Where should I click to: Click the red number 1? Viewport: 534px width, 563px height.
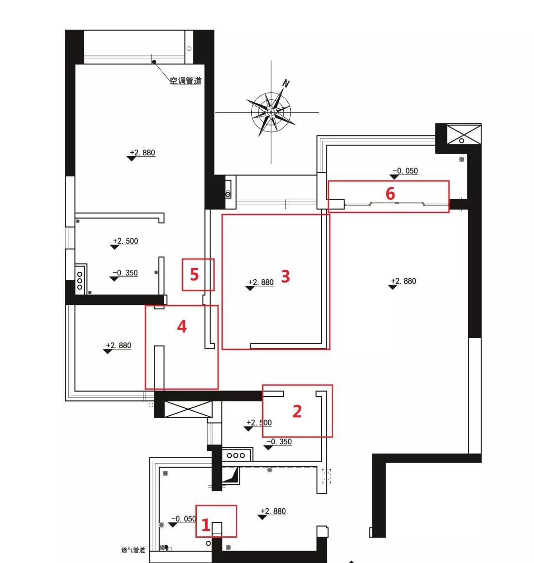click(206, 525)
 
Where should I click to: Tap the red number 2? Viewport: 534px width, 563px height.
click(297, 411)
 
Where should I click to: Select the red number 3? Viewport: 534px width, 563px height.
click(285, 276)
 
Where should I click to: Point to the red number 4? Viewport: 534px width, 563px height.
click(182, 326)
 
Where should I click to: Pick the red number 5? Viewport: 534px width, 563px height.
click(194, 275)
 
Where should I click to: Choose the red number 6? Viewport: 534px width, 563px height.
click(390, 194)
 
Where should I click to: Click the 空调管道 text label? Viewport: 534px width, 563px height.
click(185, 81)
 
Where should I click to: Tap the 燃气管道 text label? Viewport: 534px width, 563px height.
click(133, 550)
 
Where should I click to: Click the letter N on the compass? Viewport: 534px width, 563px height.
click(286, 84)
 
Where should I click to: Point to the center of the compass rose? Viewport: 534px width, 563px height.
click(271, 112)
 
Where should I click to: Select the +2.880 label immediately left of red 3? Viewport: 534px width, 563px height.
click(261, 282)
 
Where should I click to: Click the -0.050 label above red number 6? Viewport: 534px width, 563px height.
click(405, 171)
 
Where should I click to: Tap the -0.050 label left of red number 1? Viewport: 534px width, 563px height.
click(183, 519)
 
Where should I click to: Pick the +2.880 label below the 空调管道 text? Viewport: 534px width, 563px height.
click(142, 153)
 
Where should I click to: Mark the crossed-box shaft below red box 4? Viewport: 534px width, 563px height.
click(188, 409)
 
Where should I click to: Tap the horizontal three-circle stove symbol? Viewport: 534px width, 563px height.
click(235, 455)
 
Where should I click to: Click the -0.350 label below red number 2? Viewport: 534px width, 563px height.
click(279, 441)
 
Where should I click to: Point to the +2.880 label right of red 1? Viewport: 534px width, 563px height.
click(273, 511)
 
